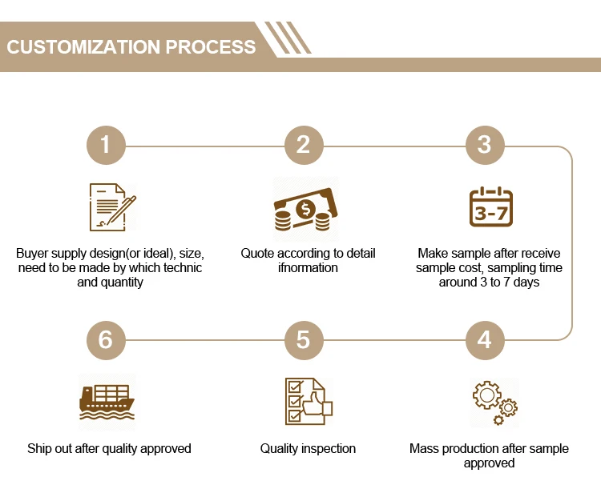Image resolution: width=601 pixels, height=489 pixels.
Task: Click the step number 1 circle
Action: tap(106, 145)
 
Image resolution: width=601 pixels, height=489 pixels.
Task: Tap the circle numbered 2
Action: tap(303, 145)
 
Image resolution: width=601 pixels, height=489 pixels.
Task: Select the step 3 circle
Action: tap(484, 145)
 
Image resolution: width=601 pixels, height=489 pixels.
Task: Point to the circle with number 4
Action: tap(484, 339)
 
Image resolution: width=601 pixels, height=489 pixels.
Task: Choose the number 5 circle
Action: tap(303, 339)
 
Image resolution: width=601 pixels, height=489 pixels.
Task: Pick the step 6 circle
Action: tap(106, 339)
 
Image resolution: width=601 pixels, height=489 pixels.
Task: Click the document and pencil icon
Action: tap(111, 206)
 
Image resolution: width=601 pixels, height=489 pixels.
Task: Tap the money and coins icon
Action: tap(305, 209)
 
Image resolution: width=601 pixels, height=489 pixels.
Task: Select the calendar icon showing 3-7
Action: tap(490, 206)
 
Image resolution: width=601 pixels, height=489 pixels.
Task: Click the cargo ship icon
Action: tap(107, 401)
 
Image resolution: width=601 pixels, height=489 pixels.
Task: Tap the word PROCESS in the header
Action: tap(211, 46)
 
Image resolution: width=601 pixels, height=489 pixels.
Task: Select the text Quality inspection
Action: tap(308, 448)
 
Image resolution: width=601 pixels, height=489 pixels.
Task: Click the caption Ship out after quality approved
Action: tap(109, 448)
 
